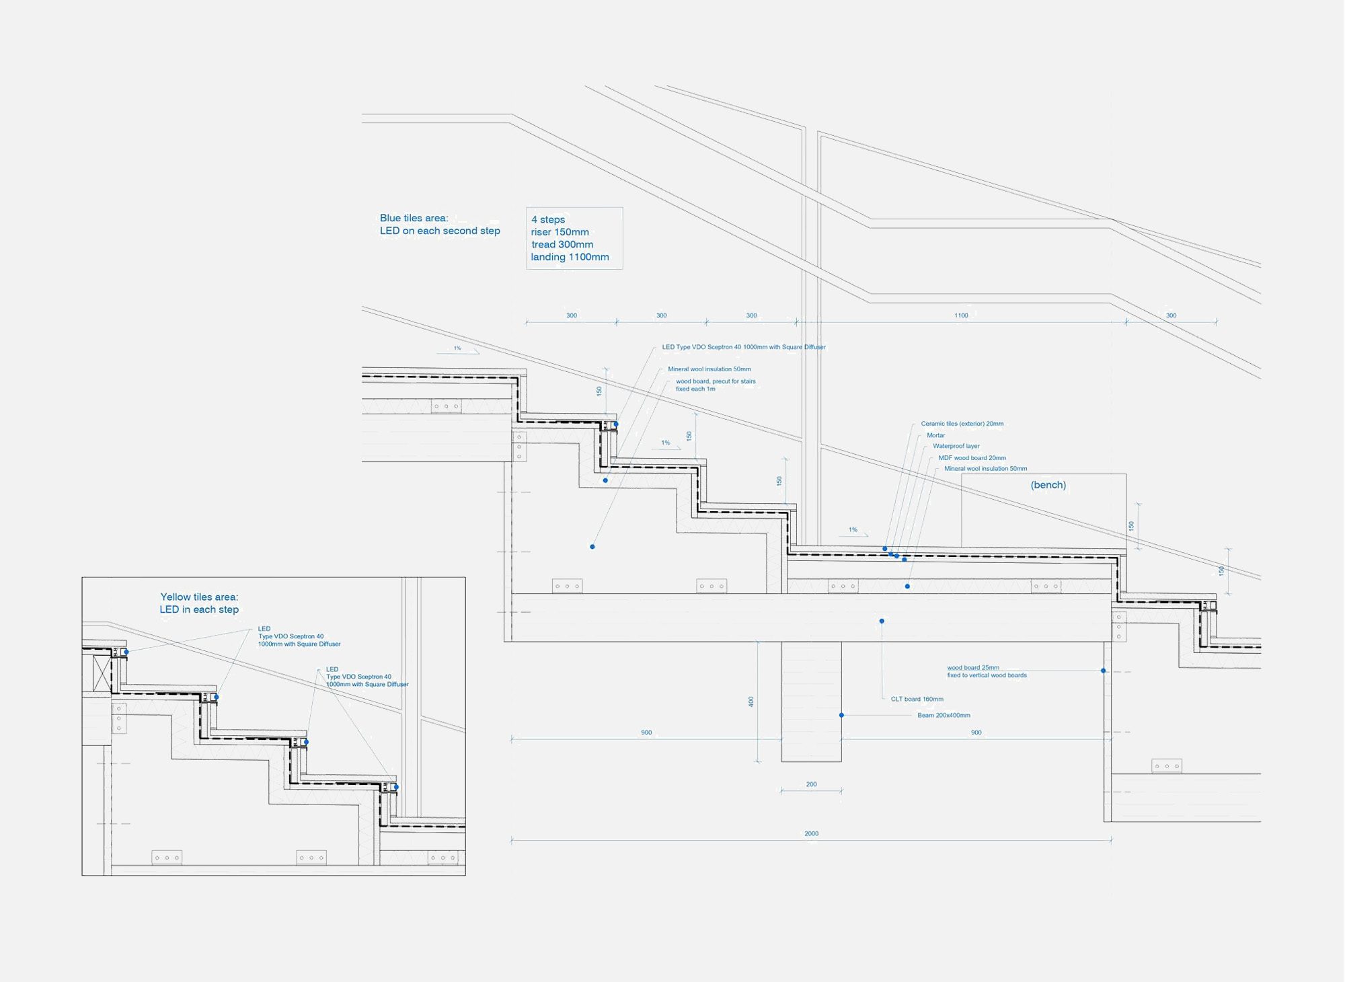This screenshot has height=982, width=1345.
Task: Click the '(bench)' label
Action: (x=1048, y=485)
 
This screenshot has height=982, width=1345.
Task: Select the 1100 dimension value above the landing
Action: (x=961, y=315)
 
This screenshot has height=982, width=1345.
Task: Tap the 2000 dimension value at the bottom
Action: (x=811, y=833)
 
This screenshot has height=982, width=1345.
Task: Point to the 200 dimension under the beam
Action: (x=811, y=784)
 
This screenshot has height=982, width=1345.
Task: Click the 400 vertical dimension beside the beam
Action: (x=751, y=702)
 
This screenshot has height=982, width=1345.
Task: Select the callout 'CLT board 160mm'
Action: (x=917, y=699)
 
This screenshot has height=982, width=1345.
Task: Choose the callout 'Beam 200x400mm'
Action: (x=944, y=715)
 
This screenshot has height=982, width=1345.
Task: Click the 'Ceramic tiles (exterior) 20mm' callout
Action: (x=962, y=424)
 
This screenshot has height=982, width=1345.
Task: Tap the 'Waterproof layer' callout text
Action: (x=956, y=446)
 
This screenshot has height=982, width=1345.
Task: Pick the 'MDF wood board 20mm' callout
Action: (x=972, y=458)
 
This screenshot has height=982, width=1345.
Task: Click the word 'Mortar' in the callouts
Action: (x=935, y=435)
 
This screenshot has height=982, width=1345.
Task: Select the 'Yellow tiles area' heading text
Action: (x=199, y=597)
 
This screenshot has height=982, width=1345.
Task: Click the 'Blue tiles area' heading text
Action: (x=414, y=218)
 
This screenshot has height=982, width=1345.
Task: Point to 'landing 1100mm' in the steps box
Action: (x=570, y=257)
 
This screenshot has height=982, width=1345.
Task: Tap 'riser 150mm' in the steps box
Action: (x=560, y=232)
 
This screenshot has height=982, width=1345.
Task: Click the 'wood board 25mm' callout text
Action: (x=973, y=668)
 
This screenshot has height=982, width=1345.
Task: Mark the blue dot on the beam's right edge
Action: (x=841, y=715)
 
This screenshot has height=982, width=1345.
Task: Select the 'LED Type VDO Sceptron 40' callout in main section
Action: (x=743, y=347)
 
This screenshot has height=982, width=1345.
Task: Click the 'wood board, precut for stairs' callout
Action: (x=716, y=381)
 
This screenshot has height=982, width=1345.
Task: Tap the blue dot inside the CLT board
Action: (x=882, y=621)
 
